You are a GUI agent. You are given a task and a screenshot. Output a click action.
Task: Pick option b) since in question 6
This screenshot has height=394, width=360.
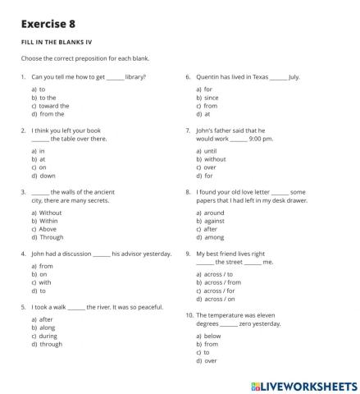point(208,97)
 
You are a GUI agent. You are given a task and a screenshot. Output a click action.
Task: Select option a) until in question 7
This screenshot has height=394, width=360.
point(208,150)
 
